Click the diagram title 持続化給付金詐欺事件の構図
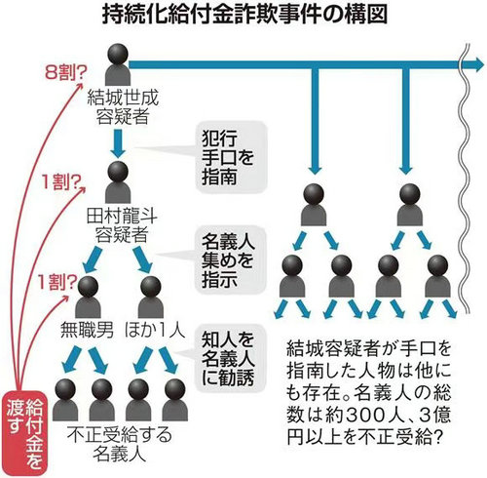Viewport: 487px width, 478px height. point(244,15)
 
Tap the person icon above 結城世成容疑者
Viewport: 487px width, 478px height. point(118,64)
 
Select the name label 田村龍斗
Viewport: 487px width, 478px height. point(122,217)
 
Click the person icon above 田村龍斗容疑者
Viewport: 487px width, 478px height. point(118,182)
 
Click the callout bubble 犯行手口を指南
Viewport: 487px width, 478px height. point(231,157)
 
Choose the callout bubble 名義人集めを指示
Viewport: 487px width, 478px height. point(230,260)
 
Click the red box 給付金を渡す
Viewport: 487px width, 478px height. point(25,432)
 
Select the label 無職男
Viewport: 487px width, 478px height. point(87,332)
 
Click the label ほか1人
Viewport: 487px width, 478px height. point(155,331)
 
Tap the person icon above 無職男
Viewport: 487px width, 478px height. point(88,297)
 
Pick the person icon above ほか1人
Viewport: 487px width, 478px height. point(151,297)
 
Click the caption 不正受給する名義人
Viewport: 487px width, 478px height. point(120,444)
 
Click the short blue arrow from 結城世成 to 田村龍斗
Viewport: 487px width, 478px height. point(118,143)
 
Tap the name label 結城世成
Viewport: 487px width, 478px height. point(123,99)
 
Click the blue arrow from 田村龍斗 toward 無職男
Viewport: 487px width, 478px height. point(93,259)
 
